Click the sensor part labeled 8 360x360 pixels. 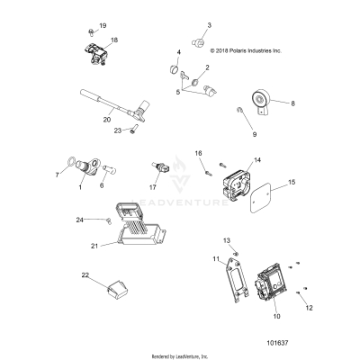(264, 111)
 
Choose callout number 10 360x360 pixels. (275, 318)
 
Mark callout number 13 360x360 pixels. (226, 240)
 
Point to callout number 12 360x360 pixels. (310, 309)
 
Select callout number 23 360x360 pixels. (117, 130)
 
